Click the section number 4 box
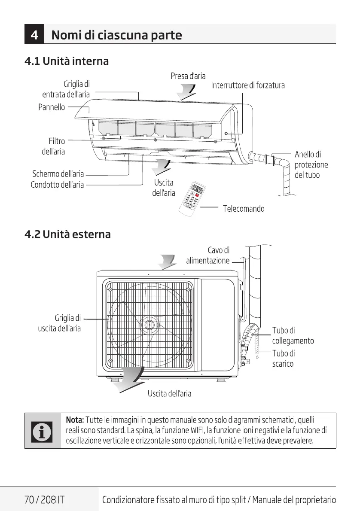coord(34,35)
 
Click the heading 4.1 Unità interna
coord(67,61)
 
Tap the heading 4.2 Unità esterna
coord(67,234)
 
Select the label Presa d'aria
coord(188,76)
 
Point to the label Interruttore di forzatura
coord(248,85)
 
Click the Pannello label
coord(52,107)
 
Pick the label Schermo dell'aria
coord(58,174)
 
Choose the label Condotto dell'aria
coord(57,185)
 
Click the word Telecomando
coord(244,209)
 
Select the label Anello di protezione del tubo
coord(311,164)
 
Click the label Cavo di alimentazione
coord(208,255)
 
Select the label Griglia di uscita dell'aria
coord(60,323)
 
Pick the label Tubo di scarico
coord(283,359)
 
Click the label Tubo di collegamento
coord(293,335)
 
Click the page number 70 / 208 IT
coord(45,500)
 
